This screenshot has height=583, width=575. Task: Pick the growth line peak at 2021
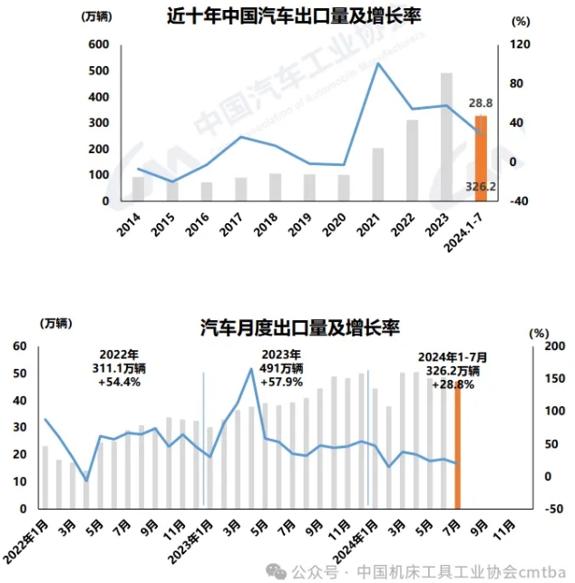pos(377,63)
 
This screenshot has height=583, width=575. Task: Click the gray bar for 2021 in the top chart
pos(377,174)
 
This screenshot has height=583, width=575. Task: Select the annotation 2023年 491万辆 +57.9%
pos(282,368)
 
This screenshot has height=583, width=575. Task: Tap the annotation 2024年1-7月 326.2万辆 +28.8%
pos(453,370)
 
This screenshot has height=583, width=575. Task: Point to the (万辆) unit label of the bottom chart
pos(55,324)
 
